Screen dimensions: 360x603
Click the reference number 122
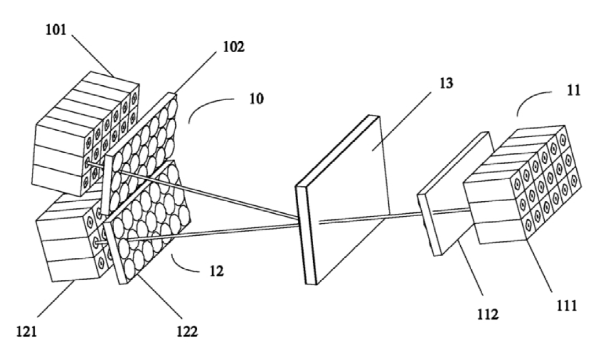pyautogui.click(x=188, y=331)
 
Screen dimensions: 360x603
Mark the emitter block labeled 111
pyautogui.click(x=522, y=187)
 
